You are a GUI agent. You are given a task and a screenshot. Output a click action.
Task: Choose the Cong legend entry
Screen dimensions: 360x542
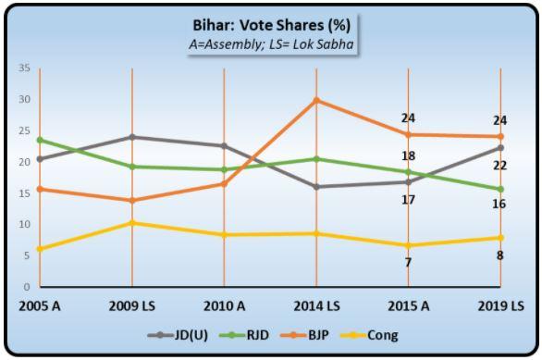point(379,335)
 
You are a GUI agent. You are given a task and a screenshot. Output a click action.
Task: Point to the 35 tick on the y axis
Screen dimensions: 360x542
point(25,68)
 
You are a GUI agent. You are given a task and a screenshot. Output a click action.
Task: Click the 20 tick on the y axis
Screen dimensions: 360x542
point(25,162)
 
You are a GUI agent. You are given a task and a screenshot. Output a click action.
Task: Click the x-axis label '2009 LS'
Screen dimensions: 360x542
point(131,306)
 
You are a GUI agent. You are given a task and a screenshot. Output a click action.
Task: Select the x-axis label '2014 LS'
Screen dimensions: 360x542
point(316,306)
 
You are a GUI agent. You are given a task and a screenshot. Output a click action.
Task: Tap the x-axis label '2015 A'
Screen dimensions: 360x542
point(408,306)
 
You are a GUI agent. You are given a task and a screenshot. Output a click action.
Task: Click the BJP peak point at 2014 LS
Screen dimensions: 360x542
point(316,100)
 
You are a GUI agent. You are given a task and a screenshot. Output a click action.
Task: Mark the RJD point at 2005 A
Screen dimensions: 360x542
point(40,140)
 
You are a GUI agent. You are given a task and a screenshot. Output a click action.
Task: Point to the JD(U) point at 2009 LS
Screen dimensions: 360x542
point(131,137)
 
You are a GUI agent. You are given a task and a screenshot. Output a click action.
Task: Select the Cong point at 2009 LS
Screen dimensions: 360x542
point(131,223)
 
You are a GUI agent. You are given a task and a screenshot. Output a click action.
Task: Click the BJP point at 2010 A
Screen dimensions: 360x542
point(224,183)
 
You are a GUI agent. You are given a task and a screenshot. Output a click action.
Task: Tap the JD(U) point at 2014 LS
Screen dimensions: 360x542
point(316,187)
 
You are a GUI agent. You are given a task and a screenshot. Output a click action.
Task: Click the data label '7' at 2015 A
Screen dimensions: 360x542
point(408,262)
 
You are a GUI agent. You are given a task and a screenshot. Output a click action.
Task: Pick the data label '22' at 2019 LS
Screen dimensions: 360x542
point(500,165)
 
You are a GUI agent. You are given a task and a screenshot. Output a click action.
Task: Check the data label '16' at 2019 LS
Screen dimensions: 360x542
point(500,204)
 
